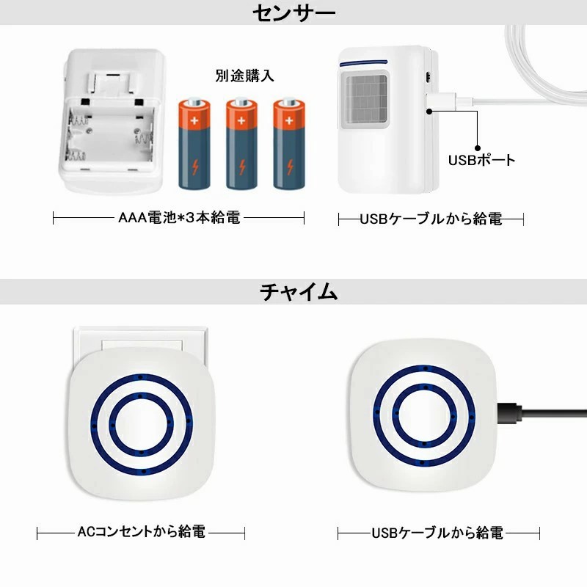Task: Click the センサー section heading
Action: (x=294, y=12)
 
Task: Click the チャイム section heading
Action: (x=299, y=291)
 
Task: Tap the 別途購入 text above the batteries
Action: (x=244, y=76)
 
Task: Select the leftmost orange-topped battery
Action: (x=194, y=143)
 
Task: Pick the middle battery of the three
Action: (x=241, y=143)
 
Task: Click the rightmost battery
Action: (x=289, y=143)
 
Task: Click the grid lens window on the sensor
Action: (x=365, y=98)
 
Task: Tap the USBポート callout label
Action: (x=482, y=160)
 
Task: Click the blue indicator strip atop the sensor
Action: (x=363, y=62)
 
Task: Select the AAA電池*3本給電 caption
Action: (x=179, y=217)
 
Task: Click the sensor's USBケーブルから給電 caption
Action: (x=431, y=219)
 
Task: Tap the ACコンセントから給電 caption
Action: (x=141, y=531)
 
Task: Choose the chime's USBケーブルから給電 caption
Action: (x=437, y=533)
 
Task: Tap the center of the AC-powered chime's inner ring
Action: (x=141, y=424)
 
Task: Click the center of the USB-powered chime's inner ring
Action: (x=424, y=415)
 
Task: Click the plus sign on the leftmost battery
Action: (x=194, y=120)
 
